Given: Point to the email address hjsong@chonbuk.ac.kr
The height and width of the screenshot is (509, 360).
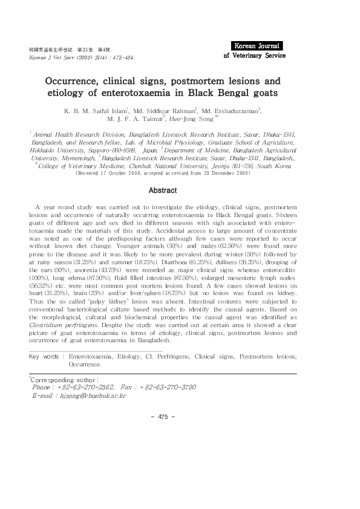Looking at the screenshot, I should click(x=91, y=395).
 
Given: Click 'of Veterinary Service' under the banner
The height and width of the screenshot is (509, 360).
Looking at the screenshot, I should click(x=254, y=55).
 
